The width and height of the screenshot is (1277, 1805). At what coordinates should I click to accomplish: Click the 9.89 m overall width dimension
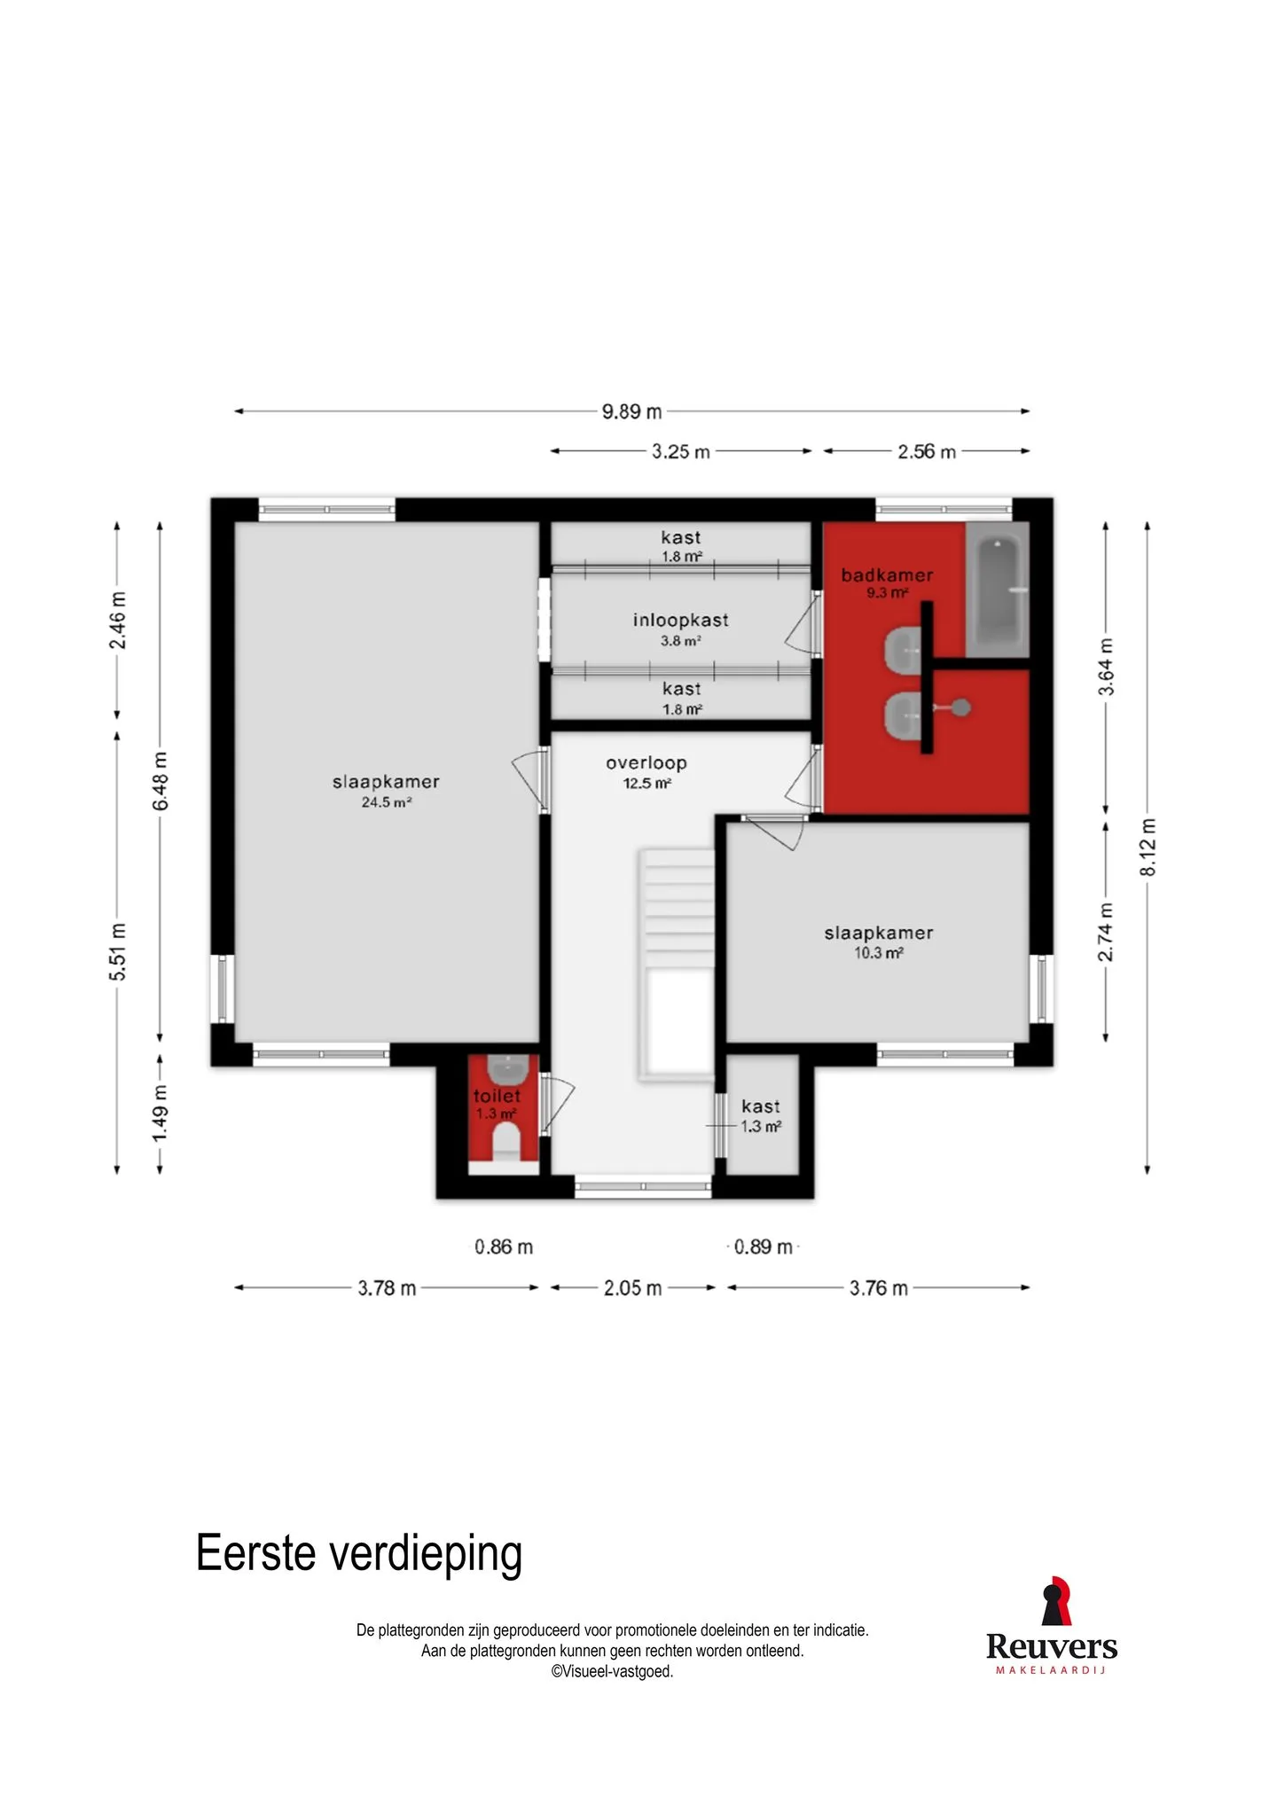[632, 411]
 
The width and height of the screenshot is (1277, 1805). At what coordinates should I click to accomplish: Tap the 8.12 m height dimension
[1148, 847]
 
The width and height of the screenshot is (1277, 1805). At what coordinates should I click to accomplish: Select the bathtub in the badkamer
[997, 589]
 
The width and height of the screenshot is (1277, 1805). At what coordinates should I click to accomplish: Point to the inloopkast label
[681, 620]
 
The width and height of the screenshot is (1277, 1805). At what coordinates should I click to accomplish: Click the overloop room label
[646, 762]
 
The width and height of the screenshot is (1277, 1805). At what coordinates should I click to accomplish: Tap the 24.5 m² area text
[387, 802]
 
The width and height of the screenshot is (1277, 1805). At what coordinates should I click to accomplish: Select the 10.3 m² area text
[879, 953]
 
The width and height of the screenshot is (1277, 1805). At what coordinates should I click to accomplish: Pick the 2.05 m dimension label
[633, 1288]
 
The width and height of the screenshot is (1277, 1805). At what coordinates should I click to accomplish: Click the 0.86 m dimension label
[504, 1246]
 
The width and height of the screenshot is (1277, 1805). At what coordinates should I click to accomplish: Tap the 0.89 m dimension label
[763, 1246]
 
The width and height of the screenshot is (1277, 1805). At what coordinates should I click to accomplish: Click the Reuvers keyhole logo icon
[1054, 1600]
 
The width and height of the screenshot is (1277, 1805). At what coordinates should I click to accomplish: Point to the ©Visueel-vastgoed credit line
[612, 1671]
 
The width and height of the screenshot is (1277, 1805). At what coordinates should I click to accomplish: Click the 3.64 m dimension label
[1106, 667]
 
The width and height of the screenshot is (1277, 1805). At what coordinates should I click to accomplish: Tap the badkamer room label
[887, 574]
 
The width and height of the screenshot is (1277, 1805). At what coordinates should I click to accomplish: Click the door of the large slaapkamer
[529, 780]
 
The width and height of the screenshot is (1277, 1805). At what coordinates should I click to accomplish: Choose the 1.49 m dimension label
[160, 1114]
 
